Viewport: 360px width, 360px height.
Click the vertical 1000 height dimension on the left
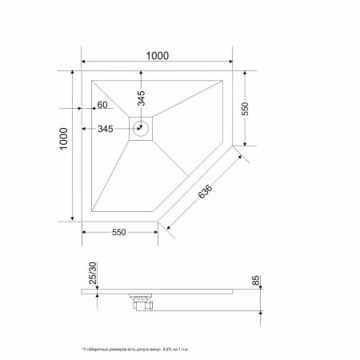coord(65,146)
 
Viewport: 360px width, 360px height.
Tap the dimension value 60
coord(102,105)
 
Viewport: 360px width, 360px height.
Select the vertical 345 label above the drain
coord(142,99)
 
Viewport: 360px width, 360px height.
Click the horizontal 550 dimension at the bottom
coord(119,232)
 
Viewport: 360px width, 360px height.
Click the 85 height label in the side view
coord(256,282)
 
